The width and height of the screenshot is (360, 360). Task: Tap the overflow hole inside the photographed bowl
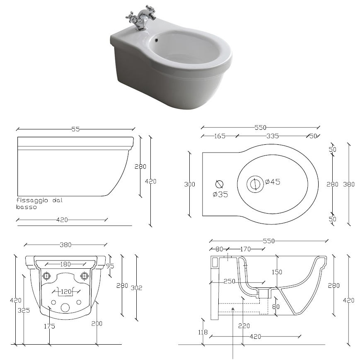[156, 40]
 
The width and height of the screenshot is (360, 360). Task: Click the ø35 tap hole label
[220, 195]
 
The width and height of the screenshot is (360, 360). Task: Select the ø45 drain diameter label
[273, 182]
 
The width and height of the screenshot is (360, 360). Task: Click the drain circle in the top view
[255, 184]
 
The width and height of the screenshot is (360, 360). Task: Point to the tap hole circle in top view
[220, 184]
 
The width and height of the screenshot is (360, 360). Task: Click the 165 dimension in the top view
[220, 136]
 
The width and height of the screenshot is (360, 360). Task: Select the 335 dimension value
[273, 136]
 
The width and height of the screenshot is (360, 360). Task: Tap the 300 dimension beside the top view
[190, 185]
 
